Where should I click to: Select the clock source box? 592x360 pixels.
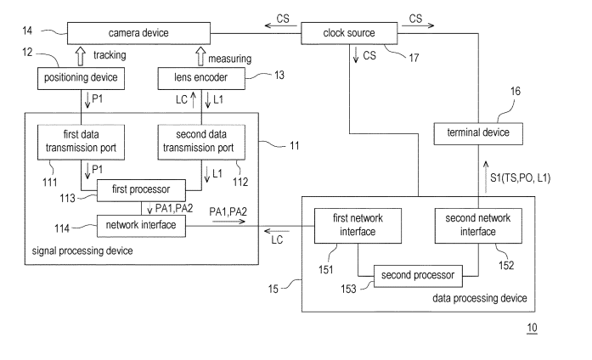(349, 33)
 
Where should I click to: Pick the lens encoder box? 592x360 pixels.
(200, 79)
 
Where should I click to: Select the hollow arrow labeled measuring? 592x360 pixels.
(200, 56)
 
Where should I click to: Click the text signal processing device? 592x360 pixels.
(79, 254)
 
